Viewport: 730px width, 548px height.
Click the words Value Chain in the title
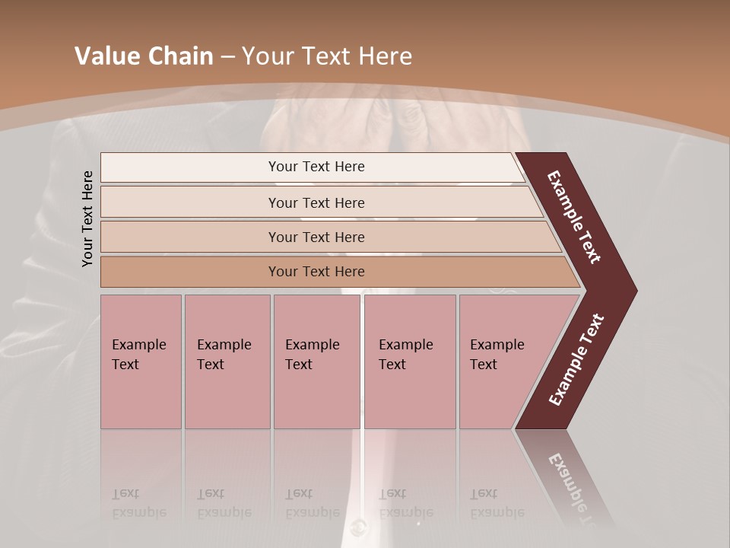point(144,56)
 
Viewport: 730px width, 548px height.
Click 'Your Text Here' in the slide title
point(327,56)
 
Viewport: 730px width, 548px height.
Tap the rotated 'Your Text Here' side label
point(87,218)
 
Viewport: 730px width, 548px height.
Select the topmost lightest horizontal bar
point(190,167)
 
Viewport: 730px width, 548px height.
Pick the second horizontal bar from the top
point(190,202)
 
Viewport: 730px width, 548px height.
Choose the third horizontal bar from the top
point(190,237)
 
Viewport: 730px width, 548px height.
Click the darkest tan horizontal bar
point(190,272)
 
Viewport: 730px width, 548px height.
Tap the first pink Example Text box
point(141,362)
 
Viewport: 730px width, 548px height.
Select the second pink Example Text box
point(227,362)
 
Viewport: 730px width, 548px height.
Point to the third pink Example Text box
point(316,362)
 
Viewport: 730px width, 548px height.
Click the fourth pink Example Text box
point(410,362)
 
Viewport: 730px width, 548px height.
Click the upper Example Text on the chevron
point(574,217)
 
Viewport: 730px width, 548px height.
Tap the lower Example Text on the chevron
point(576,360)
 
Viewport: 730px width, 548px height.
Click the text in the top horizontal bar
point(316,167)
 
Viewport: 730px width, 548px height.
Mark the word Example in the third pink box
point(312,345)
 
